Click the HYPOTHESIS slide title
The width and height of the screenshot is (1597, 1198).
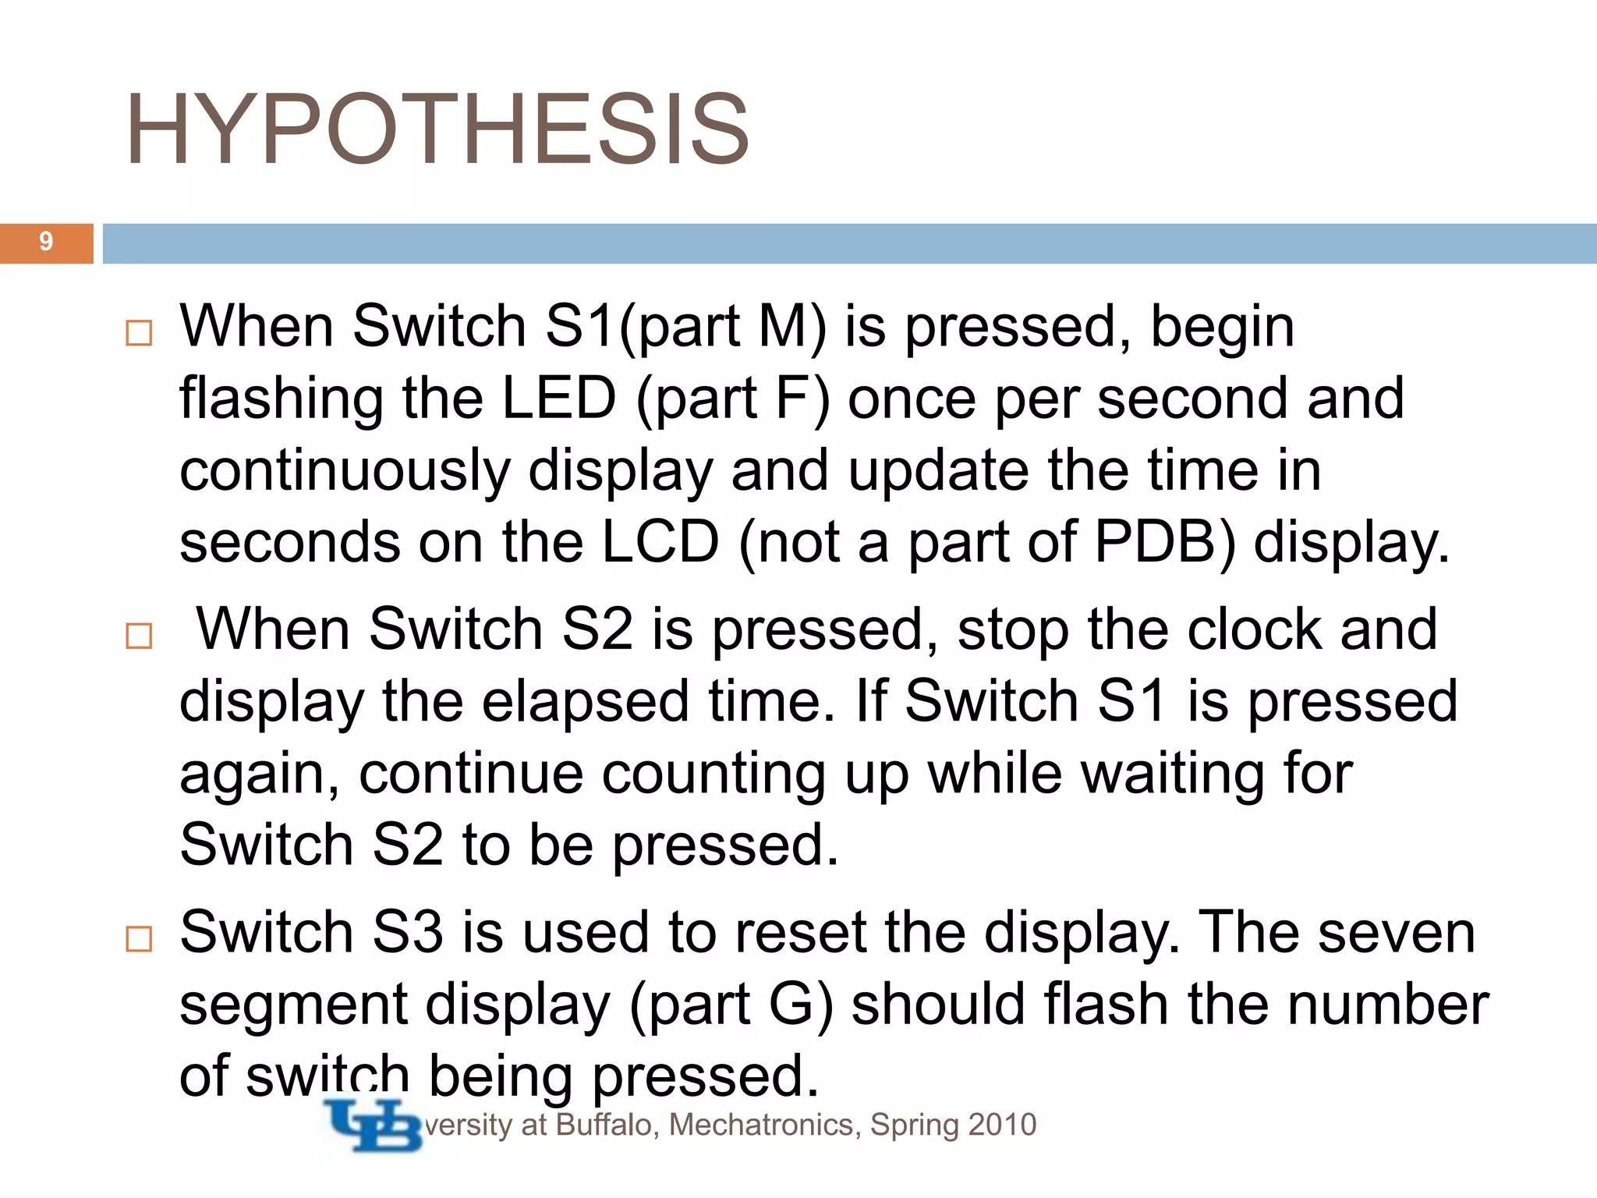437,129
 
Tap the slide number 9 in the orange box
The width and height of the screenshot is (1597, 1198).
46,242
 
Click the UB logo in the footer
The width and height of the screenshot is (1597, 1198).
373,1125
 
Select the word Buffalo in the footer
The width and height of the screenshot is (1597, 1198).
604,1125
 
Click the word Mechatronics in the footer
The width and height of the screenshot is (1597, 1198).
764,1125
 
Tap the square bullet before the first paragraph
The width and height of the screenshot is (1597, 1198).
139,333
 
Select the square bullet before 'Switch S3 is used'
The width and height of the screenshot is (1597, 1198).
139,939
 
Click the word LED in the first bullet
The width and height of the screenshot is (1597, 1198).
559,398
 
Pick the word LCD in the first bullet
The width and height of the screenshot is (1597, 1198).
660,542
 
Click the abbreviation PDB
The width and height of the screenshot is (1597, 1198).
1154,542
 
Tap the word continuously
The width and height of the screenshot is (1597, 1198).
345,470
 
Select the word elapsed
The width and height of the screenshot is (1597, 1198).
585,701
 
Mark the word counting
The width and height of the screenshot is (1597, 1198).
713,774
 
